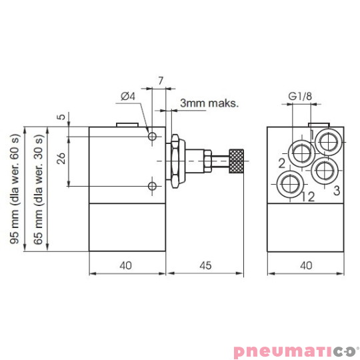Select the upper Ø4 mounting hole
(153, 137)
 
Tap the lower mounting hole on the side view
(153, 185)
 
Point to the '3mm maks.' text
(209, 104)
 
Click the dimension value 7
(161, 81)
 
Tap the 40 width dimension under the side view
(127, 265)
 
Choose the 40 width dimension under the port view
(306, 265)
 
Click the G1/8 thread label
(301, 97)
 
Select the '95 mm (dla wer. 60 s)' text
(15, 189)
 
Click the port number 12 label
(307, 196)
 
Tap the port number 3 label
(337, 191)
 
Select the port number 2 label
(282, 163)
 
